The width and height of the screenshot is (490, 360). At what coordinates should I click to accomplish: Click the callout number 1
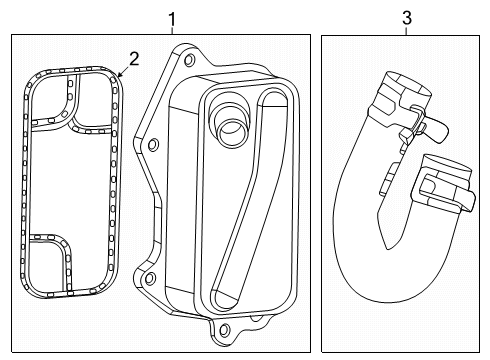(172, 18)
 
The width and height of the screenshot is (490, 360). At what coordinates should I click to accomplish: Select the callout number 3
(406, 18)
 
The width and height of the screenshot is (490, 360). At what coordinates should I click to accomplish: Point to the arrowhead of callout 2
(119, 76)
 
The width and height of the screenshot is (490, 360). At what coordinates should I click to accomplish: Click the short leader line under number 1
(172, 32)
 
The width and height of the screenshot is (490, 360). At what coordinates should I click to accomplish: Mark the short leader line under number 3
(406, 32)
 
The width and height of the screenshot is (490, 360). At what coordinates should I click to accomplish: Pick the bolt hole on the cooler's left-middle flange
(151, 147)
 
